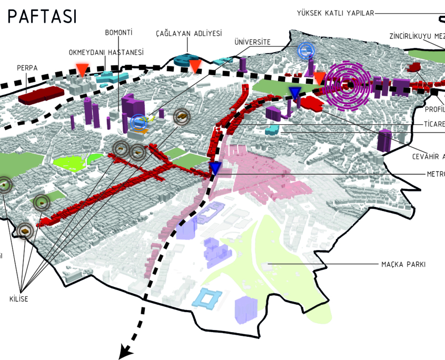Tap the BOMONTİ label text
click(118, 33)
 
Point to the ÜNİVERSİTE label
click(253, 42)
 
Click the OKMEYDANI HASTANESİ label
click(106, 53)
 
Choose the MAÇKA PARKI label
click(403, 264)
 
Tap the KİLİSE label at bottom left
click(18, 299)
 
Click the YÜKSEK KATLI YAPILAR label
click(335, 13)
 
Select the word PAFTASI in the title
click(42, 16)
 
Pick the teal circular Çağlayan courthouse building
click(185, 59)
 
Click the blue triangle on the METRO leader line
click(215, 168)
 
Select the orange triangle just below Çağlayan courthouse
click(195, 66)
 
